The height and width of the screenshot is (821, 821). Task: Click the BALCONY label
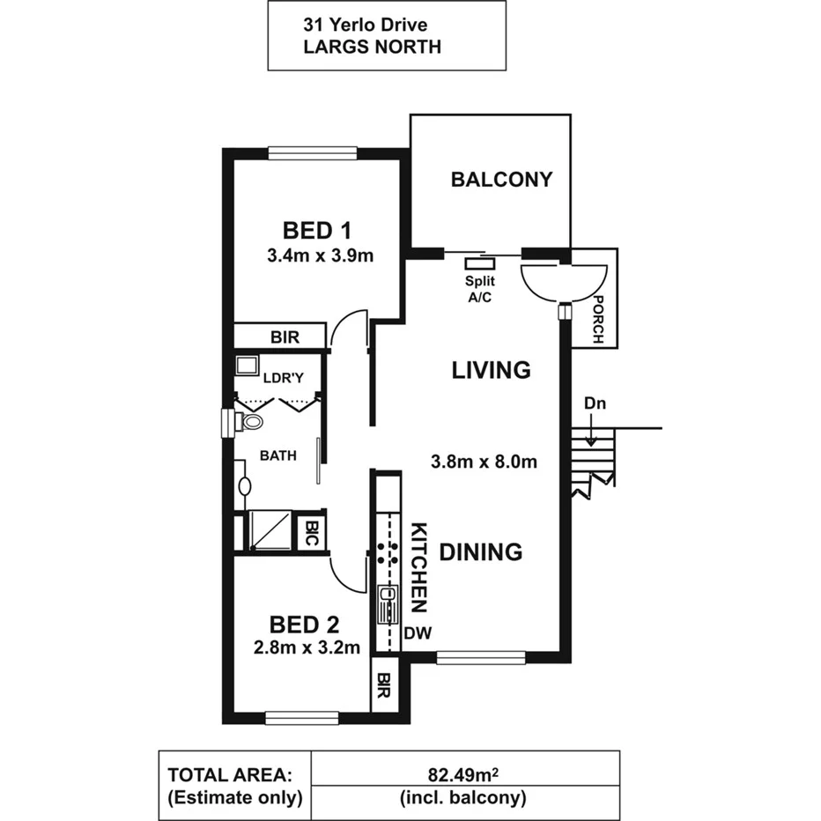point(501,180)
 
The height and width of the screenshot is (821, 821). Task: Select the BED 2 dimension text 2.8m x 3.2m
point(304,648)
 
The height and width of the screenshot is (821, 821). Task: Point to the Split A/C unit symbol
point(480,262)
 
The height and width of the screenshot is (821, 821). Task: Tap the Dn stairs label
point(593,403)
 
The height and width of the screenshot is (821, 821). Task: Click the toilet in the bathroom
point(250,422)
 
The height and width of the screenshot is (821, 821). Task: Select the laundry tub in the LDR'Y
point(247,366)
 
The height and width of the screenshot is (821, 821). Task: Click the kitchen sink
point(386,606)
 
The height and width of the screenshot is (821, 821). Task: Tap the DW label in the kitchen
point(416,633)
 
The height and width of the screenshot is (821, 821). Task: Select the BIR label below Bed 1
point(285,337)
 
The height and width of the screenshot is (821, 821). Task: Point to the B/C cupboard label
point(311,533)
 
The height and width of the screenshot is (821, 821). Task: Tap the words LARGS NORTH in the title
point(372,48)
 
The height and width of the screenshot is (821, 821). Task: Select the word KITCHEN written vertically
point(420,568)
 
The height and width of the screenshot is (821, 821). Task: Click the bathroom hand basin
point(244,485)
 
